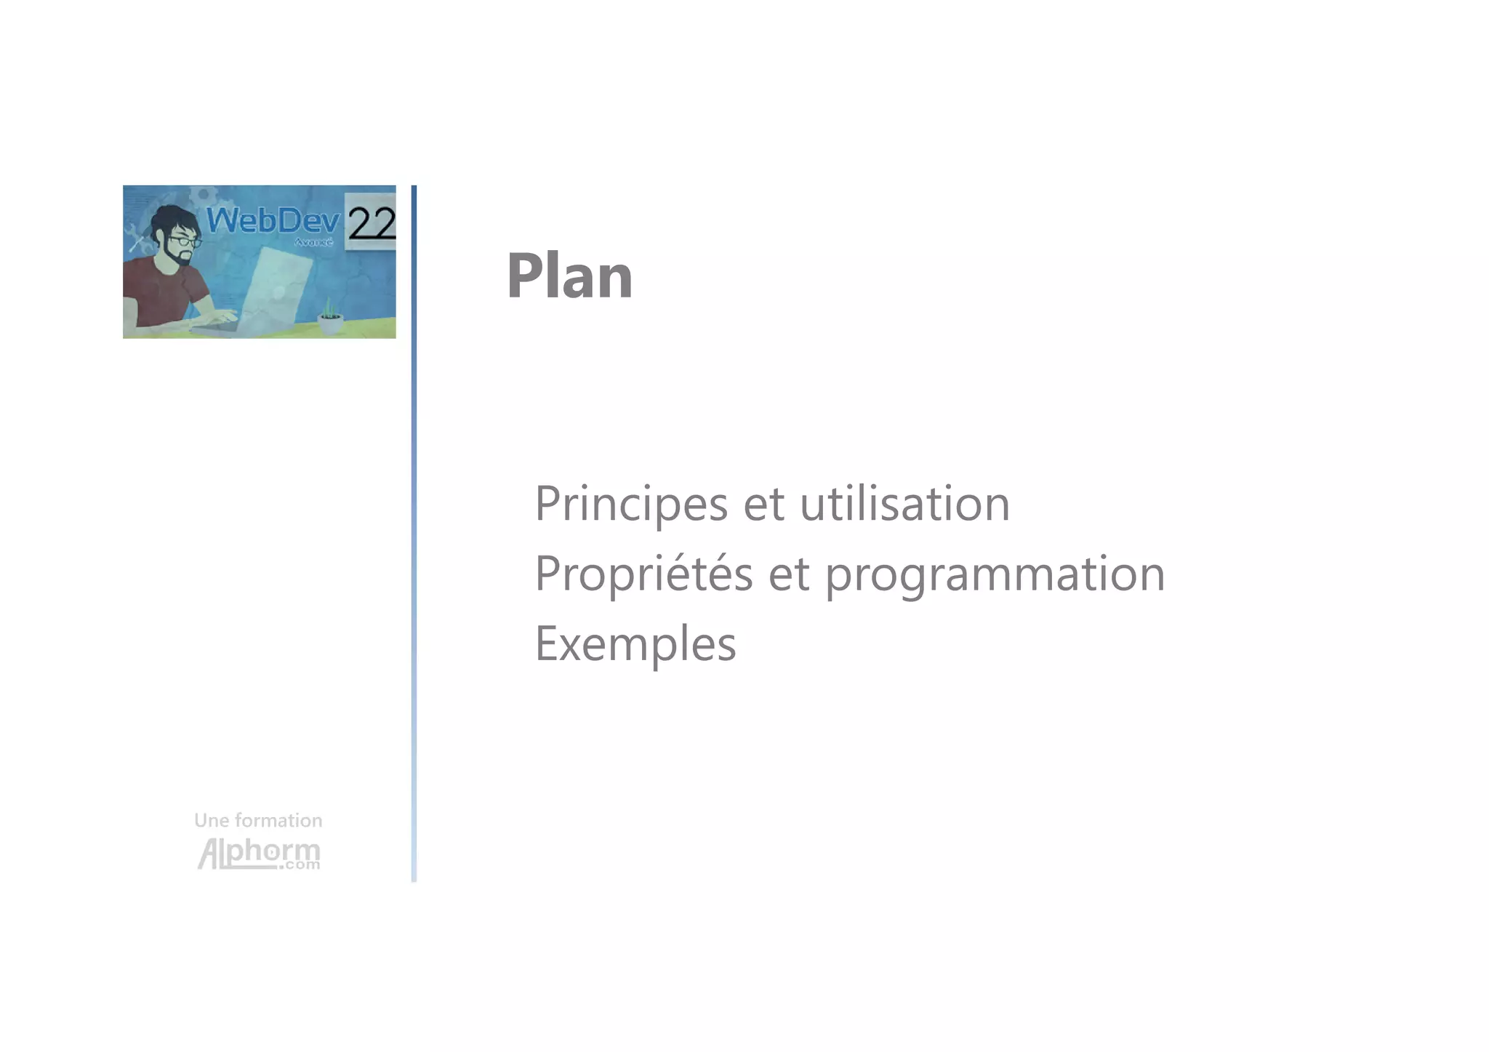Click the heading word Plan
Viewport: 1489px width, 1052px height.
pyautogui.click(x=569, y=276)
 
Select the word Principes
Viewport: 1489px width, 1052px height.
pyautogui.click(x=630, y=503)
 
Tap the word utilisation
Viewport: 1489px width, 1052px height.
pyautogui.click(x=904, y=503)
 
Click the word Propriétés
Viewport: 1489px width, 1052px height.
pyautogui.click(x=643, y=574)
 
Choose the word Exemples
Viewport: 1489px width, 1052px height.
pyautogui.click(x=635, y=644)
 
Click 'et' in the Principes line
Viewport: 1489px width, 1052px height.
pyautogui.click(x=763, y=505)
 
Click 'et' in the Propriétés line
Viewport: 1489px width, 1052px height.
pyautogui.click(x=789, y=574)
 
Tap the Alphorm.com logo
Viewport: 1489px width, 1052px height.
pyautogui.click(x=259, y=854)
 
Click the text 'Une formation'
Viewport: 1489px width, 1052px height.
pyautogui.click(x=258, y=821)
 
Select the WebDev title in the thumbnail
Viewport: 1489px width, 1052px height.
pyautogui.click(x=273, y=220)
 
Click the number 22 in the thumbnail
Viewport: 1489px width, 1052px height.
pyautogui.click(x=372, y=222)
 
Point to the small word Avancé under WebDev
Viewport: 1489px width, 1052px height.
pyautogui.click(x=313, y=242)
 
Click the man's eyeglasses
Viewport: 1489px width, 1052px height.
pyautogui.click(x=185, y=241)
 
